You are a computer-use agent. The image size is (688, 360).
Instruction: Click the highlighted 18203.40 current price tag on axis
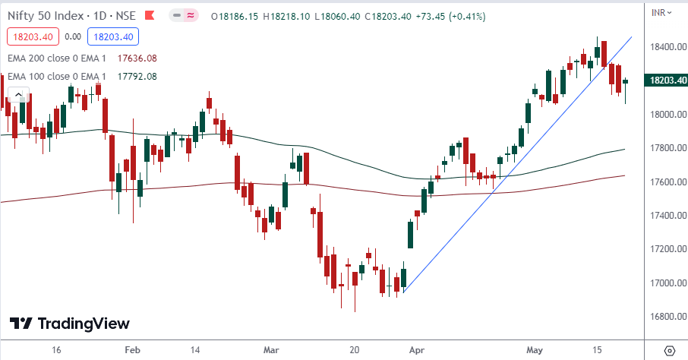coord(664,80)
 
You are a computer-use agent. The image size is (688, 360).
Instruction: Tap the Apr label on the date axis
coord(416,350)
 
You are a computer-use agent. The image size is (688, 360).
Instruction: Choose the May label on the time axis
coord(535,350)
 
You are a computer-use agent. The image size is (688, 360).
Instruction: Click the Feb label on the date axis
coord(133,350)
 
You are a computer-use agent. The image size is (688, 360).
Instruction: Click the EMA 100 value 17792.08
coord(137,76)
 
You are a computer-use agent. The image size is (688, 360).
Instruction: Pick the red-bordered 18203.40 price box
coord(30,36)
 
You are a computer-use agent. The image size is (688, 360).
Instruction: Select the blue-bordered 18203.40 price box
coord(112,36)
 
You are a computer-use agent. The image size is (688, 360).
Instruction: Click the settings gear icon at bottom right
coord(668,350)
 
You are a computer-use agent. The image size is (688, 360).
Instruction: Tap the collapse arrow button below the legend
coord(17,94)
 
